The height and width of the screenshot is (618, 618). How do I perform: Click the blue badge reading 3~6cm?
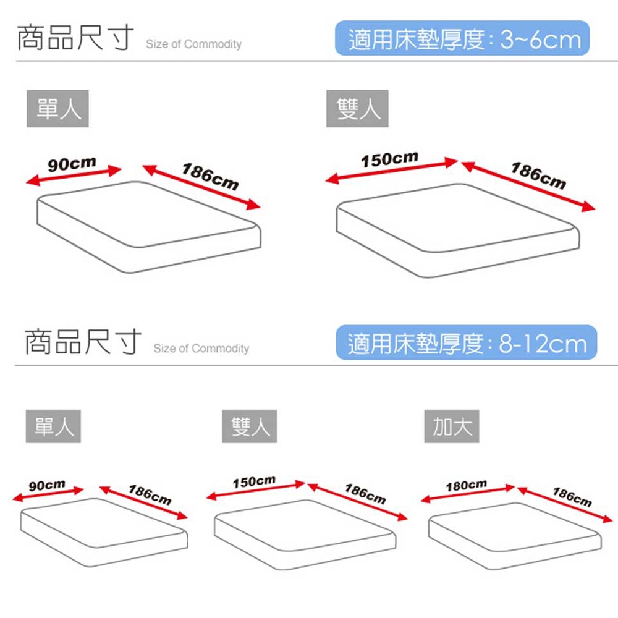462,38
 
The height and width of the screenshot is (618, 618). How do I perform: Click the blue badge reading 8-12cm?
466,342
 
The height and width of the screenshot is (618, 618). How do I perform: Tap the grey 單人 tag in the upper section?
57,108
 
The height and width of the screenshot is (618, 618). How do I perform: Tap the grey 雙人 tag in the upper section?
357,108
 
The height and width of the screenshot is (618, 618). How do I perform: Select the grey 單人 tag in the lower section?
53,426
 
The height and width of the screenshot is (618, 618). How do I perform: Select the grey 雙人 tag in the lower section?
250,426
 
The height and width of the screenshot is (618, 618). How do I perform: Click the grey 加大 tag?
452,426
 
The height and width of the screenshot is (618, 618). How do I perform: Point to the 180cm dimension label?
466,485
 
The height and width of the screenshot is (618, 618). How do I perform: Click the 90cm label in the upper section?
72,164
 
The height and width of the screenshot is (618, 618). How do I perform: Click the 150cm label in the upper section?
389,159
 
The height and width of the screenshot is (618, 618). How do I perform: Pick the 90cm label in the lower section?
47,485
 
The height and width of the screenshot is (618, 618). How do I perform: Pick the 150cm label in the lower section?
254,481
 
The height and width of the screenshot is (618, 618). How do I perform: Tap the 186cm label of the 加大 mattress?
572,497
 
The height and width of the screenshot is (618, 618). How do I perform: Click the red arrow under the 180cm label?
468,494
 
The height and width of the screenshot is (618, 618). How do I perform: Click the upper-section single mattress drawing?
148,227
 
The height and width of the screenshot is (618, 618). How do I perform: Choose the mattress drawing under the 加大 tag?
515,536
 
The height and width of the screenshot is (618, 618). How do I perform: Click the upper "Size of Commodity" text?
193,44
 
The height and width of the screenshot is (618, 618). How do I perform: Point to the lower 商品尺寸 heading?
83,341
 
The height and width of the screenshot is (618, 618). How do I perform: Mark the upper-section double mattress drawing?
458,231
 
